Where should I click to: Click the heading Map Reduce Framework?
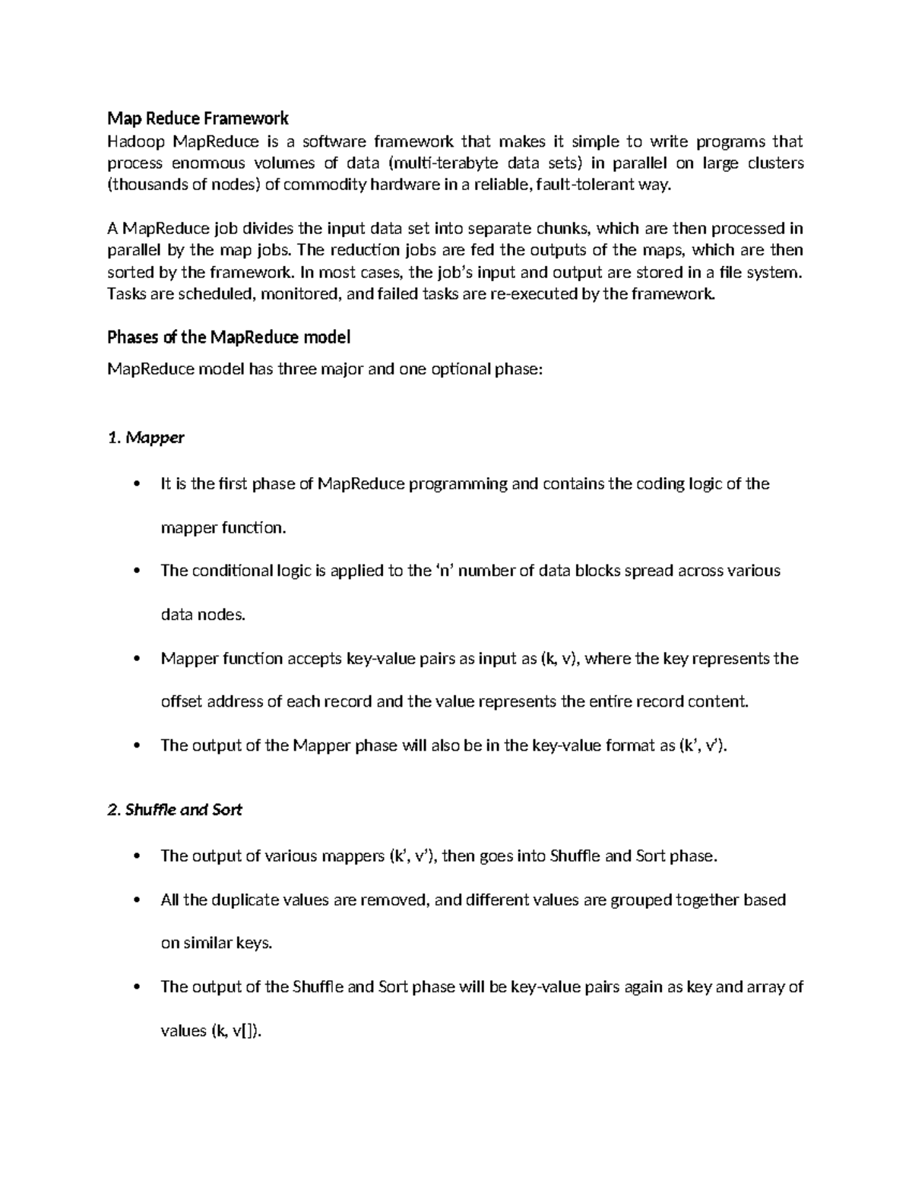tap(198, 119)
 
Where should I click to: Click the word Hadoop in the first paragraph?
tap(135, 141)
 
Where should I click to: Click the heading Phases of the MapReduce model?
tap(229, 337)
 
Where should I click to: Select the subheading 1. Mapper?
tap(146, 438)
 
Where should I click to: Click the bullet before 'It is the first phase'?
tap(137, 485)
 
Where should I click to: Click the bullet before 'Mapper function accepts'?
tap(137, 659)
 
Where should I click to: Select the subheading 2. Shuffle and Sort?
tap(175, 810)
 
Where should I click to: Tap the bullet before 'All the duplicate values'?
tap(137, 900)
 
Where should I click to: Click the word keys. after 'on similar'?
tap(254, 944)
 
